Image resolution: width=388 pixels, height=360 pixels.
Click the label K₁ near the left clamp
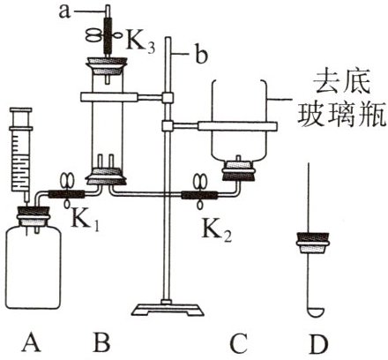86,221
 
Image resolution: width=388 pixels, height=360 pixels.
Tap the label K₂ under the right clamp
216,231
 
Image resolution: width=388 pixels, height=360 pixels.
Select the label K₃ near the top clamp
140,44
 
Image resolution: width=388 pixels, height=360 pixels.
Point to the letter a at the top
64,11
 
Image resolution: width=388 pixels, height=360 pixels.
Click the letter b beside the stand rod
201,55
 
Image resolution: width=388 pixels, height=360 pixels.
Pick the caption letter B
101,342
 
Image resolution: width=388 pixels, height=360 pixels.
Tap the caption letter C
239,342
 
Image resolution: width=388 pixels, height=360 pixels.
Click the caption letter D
318,342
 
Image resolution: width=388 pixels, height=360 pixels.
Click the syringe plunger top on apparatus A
20,110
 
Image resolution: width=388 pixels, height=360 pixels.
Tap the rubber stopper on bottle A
33,215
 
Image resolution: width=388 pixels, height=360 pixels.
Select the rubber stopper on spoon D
313,243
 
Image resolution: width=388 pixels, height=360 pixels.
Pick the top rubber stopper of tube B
107,67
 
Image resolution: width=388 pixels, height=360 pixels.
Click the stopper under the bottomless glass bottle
238,170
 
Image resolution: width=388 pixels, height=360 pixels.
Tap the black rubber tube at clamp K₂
199,195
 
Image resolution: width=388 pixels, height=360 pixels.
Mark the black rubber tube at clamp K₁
66,194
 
